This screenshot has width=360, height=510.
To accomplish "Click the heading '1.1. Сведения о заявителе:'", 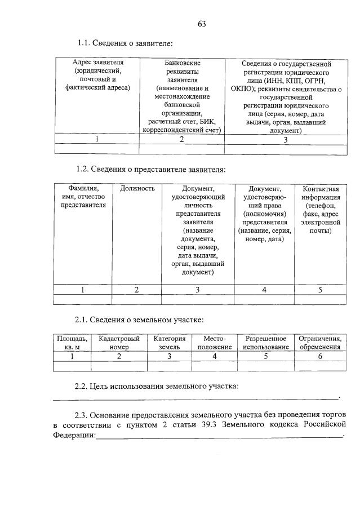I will (x=125, y=43).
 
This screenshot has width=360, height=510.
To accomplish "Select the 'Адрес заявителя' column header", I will (x=97, y=75).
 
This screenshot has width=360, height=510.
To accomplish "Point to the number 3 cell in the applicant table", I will (x=286, y=140).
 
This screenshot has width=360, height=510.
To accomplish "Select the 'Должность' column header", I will (x=137, y=188).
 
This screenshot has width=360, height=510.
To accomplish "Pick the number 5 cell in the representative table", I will (x=320, y=290).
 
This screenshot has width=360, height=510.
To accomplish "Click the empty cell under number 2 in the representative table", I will (x=137, y=300).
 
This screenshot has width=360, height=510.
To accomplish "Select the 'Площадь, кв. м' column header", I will (x=72, y=343).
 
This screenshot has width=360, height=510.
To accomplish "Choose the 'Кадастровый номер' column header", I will (x=119, y=343).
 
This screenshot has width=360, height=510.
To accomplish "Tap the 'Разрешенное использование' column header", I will (x=265, y=343).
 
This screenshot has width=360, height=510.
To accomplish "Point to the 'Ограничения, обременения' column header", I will (x=320, y=343).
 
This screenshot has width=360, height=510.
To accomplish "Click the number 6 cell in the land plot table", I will (x=320, y=356).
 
